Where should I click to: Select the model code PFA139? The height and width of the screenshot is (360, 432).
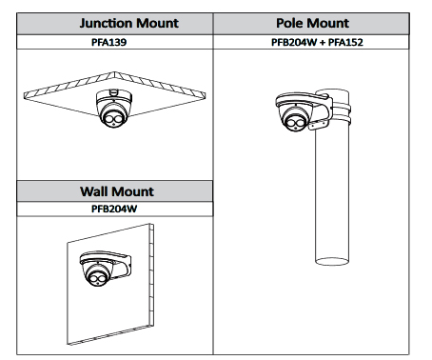point(108,42)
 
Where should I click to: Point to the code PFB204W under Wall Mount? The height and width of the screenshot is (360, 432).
point(114,209)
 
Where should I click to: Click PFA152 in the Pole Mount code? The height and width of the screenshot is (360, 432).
point(345,42)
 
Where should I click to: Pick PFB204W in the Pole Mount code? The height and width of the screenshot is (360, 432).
point(294,42)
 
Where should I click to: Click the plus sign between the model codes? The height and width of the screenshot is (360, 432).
point(323,43)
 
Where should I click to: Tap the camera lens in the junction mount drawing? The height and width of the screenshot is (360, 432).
point(113,119)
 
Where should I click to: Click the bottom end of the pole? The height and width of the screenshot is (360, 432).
point(332,261)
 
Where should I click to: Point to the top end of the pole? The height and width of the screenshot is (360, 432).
point(332,92)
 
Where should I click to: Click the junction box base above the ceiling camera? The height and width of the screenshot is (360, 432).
point(114,95)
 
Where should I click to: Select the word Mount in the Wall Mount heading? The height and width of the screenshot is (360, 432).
point(132,191)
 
